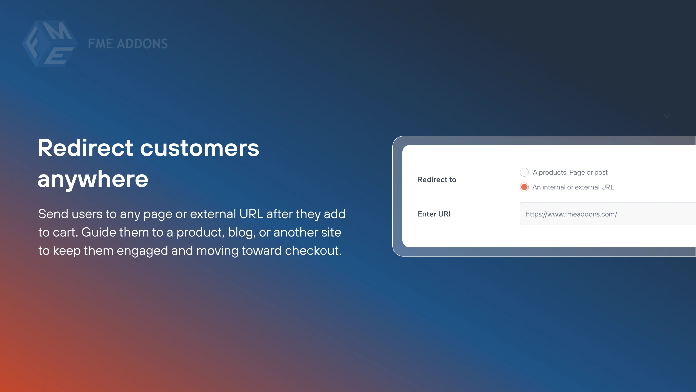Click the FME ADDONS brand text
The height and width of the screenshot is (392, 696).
(127, 44)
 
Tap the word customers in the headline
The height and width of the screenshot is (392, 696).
(199, 148)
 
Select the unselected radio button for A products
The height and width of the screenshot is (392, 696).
(524, 172)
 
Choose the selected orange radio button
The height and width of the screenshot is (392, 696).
(524, 187)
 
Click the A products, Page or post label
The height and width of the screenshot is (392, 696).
(570, 172)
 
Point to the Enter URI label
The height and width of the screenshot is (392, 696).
(434, 214)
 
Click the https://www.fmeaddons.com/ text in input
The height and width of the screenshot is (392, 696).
(571, 214)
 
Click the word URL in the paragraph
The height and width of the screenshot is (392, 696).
(251, 214)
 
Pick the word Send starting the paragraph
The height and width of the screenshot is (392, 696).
(53, 214)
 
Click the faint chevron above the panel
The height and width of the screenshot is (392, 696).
(667, 116)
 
